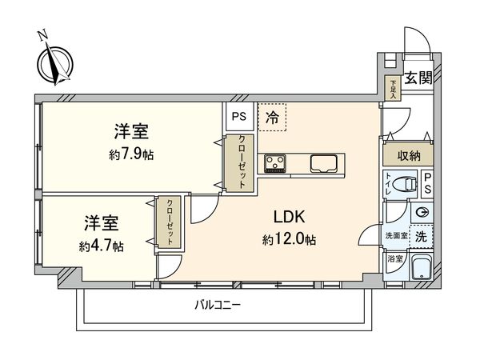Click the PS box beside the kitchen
coord(238,115)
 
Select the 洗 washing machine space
coord(421,235)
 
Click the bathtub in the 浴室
coord(421,270)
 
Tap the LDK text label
coord(290,217)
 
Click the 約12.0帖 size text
coord(290,238)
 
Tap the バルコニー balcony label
coord(218,305)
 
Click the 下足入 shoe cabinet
coord(394,87)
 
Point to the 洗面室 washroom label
coord(396,237)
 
